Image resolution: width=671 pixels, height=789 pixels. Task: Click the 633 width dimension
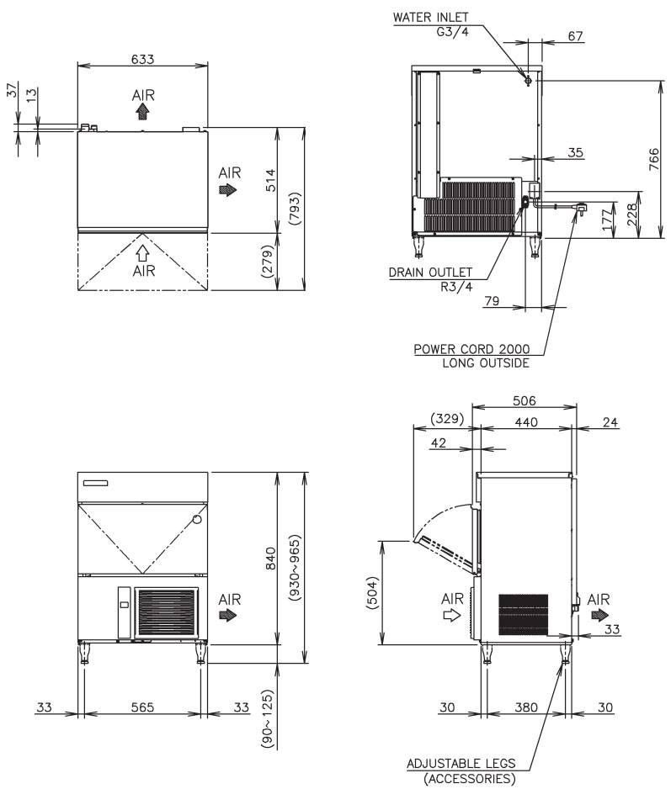[x=142, y=60]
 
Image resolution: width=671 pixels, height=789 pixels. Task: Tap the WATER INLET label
[x=431, y=18]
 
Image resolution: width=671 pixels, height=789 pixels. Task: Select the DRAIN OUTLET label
[x=431, y=273]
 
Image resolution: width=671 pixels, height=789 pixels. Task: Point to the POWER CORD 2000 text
[x=471, y=349]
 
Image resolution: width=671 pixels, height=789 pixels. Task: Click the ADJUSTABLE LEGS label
[x=461, y=763]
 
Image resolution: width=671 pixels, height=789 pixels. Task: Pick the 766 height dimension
[x=653, y=159]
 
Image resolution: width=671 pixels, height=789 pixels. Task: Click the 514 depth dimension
[x=271, y=180]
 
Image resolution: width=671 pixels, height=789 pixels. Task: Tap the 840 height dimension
[x=271, y=558]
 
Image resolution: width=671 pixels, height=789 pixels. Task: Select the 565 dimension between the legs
[x=142, y=707]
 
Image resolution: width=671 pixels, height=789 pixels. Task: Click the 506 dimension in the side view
[x=525, y=401]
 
